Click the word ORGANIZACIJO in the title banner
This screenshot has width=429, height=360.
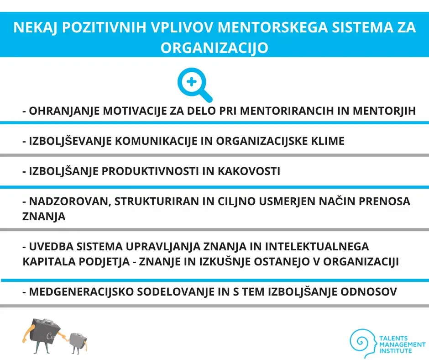214,48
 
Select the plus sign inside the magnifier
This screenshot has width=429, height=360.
192,82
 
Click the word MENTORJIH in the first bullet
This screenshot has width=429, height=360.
384,111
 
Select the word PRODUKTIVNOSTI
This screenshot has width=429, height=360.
150,171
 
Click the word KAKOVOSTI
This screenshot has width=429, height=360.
249,171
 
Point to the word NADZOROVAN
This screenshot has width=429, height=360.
70,201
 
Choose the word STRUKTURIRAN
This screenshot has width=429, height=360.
157,201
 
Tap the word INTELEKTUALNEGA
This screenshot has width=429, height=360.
317,247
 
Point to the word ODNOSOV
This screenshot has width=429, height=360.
369,292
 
